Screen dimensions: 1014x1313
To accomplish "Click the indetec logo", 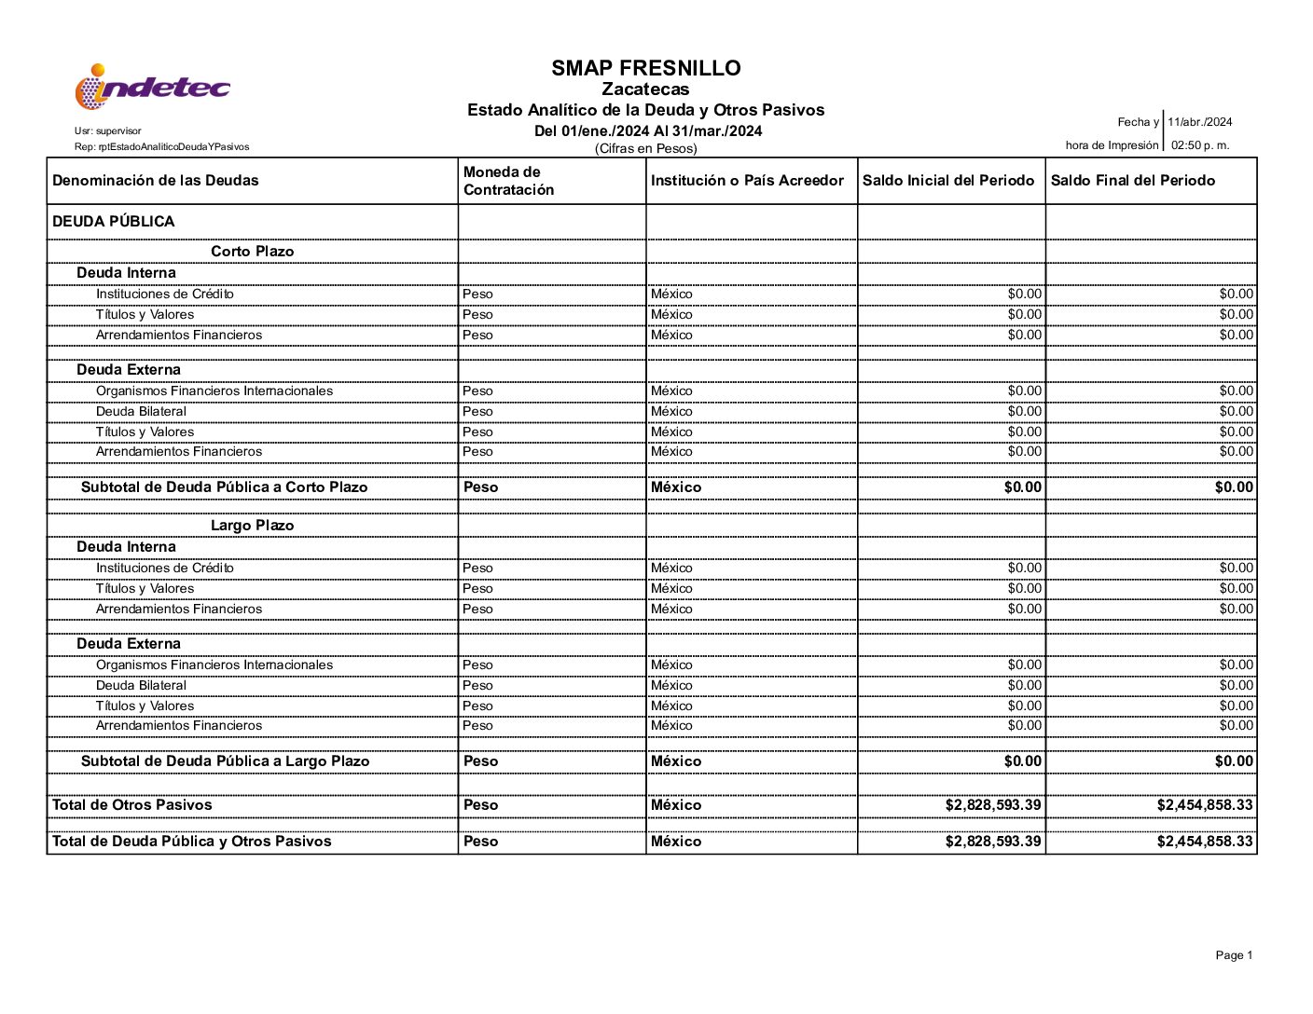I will (x=152, y=87).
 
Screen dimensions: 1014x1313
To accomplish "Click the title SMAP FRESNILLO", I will (x=645, y=68).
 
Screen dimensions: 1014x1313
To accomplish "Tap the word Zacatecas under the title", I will (x=645, y=89).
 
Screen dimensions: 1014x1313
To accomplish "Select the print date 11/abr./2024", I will (x=1199, y=122).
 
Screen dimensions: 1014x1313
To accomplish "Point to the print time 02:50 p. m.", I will (x=1200, y=145).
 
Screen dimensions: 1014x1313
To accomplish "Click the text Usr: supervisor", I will (x=108, y=131).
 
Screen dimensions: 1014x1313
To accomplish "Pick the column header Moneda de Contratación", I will (x=509, y=181).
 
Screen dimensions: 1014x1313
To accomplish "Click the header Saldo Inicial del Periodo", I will (x=948, y=181).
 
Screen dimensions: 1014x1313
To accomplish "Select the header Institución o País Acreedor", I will (x=747, y=181).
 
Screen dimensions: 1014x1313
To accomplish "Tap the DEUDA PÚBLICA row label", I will (x=114, y=222).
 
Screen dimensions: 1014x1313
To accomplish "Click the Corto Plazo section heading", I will (x=252, y=252).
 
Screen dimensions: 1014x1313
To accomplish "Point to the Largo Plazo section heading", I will (x=252, y=526).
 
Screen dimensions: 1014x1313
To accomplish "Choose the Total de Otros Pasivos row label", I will (x=132, y=805).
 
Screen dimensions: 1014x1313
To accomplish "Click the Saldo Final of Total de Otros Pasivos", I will (x=1205, y=805).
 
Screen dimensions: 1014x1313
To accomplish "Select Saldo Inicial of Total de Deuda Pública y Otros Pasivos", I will (x=993, y=842).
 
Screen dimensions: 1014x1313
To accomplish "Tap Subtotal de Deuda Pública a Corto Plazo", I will (x=224, y=487).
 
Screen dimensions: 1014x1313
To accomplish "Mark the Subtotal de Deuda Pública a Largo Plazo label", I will (x=225, y=761).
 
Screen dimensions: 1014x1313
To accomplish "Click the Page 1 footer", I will (x=1234, y=955).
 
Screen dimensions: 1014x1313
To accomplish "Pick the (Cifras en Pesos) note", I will (x=645, y=149).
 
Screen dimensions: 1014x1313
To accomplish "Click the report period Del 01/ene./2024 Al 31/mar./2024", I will (x=648, y=131).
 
